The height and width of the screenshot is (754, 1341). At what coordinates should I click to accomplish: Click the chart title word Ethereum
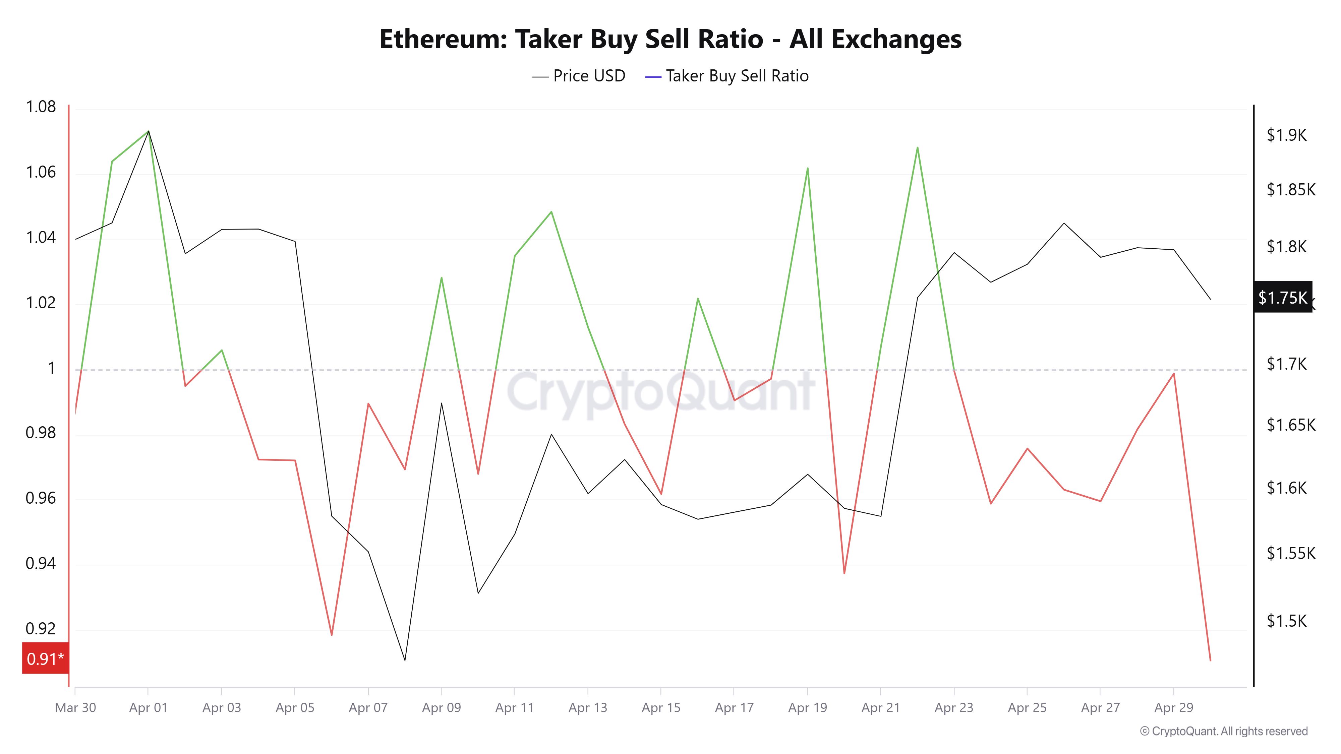443,39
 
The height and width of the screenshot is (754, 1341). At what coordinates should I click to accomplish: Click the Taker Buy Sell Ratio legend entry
727,76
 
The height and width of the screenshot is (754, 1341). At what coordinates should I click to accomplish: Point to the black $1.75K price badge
1282,297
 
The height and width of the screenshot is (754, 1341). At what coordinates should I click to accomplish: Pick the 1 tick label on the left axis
51,368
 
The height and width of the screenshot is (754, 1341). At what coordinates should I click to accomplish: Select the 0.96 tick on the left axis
41,498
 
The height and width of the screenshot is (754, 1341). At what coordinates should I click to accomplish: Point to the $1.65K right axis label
1290,425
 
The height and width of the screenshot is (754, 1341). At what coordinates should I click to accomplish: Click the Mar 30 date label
75,708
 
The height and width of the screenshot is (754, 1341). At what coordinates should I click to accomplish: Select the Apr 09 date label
442,708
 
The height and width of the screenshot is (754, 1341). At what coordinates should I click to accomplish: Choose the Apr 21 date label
880,708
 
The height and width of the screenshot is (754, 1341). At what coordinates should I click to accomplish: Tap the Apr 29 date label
1173,708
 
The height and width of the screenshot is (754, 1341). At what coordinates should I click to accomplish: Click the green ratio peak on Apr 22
917,148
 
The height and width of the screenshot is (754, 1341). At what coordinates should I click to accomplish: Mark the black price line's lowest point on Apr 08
405,660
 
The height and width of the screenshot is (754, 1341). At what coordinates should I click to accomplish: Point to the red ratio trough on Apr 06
332,634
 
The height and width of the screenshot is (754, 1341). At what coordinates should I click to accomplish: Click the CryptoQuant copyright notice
1223,731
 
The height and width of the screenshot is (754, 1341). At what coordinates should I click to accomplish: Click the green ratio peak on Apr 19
807,169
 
